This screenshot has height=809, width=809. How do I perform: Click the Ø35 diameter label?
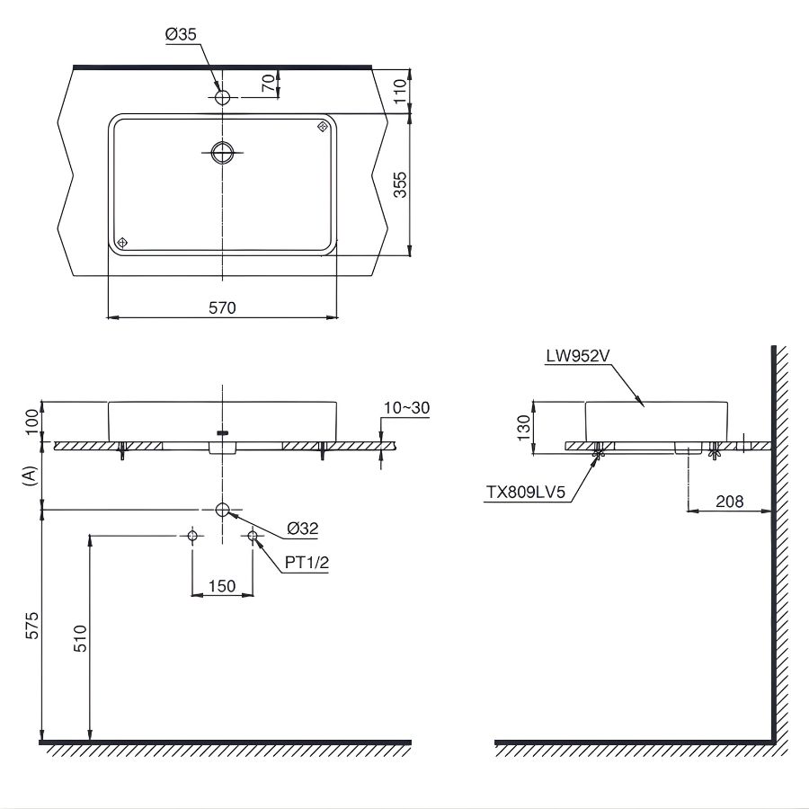click(x=180, y=34)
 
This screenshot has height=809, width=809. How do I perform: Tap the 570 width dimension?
click(x=222, y=307)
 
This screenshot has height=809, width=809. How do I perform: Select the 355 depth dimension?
click(x=401, y=183)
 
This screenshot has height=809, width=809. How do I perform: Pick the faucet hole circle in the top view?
click(x=222, y=95)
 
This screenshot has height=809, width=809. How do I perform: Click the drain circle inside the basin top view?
click(x=222, y=153)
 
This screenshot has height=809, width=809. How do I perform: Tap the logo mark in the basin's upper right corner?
click(x=322, y=127)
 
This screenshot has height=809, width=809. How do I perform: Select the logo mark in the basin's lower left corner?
click(x=123, y=243)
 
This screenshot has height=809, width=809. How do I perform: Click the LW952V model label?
click(x=578, y=355)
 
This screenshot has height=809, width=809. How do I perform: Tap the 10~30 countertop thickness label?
click(x=406, y=408)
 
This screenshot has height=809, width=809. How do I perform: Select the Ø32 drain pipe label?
click(x=304, y=529)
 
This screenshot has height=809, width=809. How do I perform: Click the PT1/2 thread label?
click(x=307, y=562)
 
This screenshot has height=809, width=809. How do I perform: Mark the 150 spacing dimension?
click(x=221, y=586)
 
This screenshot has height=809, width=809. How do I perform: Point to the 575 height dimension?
click(x=31, y=626)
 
